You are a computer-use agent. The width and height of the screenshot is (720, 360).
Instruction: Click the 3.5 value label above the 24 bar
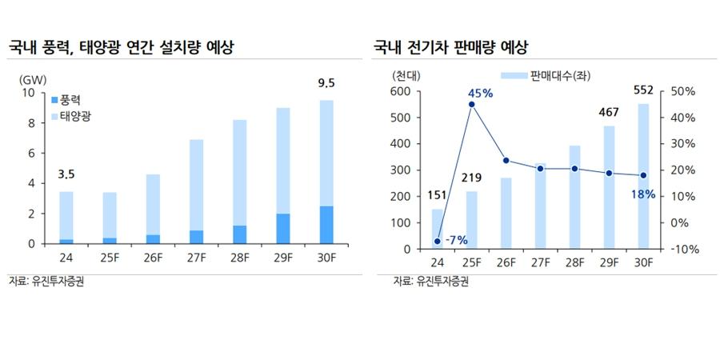point(66,174)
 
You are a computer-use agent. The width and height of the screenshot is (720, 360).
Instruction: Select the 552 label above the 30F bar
point(644,89)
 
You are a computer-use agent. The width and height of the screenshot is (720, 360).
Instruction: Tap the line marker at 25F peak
point(471,104)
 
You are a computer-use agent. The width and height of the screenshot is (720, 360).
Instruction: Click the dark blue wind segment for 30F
point(326,225)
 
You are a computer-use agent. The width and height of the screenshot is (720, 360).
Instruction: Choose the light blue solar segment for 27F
point(196,185)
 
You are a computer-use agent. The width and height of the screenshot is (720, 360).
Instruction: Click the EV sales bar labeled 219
point(471,220)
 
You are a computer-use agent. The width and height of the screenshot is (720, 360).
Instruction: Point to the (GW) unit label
point(33,78)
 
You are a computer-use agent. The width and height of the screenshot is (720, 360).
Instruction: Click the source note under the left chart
point(46,281)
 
